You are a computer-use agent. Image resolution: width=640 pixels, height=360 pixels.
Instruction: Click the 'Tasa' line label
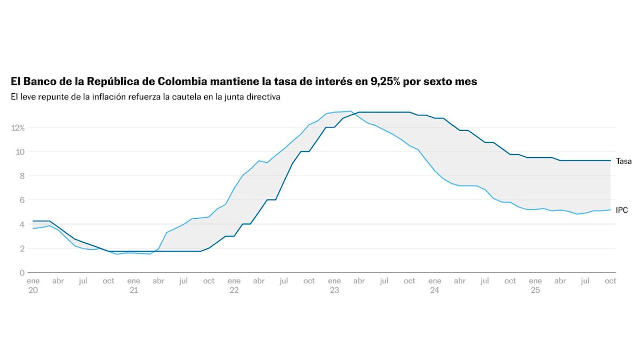tap(623, 161)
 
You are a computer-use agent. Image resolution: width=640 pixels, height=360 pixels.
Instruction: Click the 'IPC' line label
tap(622, 211)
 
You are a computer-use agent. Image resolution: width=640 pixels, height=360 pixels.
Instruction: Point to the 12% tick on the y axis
tap(17, 128)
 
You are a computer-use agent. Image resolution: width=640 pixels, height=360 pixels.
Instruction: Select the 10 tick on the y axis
tap(20, 152)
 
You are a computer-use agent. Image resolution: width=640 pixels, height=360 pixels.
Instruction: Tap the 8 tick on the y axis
tap(22, 176)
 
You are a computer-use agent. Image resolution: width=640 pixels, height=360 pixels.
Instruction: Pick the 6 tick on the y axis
tap(22, 200)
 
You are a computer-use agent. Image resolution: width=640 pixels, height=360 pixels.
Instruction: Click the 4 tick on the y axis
tap(22, 225)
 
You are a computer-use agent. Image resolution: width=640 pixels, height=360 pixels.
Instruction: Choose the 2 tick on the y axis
tap(22, 249)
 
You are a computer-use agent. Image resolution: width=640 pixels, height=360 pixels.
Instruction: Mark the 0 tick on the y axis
tap(22, 273)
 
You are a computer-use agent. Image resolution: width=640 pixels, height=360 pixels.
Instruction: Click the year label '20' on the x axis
tap(33, 291)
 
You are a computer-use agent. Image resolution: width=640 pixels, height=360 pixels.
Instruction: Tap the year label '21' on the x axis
tap(133, 291)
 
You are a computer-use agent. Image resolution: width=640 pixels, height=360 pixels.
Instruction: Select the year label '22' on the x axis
tap(234, 291)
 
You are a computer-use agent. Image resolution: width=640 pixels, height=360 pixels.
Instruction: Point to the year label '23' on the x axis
tap(334, 291)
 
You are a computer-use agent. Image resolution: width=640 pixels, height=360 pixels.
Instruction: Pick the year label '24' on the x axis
tap(435, 291)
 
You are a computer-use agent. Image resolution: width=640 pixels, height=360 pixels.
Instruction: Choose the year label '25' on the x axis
tap(535, 291)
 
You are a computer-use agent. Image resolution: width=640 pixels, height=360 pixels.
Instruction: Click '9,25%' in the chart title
tap(381, 82)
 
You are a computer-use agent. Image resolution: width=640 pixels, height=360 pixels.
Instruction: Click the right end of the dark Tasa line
tap(610, 161)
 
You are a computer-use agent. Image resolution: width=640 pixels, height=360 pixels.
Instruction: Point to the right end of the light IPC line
tap(610, 210)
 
